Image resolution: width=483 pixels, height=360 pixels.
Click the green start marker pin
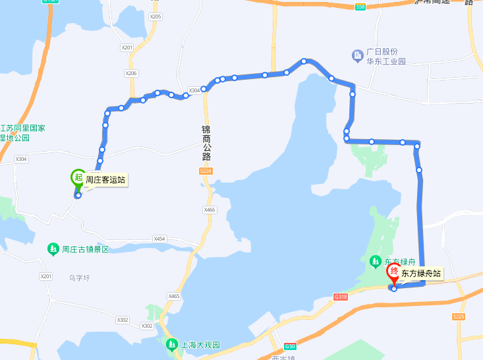[x=78, y=177]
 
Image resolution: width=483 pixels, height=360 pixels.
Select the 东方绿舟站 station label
[x=422, y=273]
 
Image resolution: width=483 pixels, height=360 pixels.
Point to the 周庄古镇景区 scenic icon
[x=53, y=249]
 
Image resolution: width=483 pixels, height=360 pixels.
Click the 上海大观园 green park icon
[x=171, y=344]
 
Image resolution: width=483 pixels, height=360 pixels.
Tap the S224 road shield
[x=206, y=171]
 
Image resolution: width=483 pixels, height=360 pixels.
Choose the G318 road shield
[x=340, y=297]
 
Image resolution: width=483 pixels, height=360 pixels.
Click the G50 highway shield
[x=290, y=346]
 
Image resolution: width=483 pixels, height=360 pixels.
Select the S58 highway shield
[x=360, y=7]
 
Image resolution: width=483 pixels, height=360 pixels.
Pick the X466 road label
[x=210, y=210]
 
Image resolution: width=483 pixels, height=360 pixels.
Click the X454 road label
[x=159, y=239]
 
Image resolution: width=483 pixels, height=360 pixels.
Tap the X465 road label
[x=174, y=297]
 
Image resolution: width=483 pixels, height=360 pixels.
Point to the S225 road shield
[x=459, y=316]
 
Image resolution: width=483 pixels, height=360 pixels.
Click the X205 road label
[x=156, y=16]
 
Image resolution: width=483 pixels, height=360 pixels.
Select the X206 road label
[x=131, y=73]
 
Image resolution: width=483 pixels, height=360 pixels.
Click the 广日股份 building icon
[x=358, y=54]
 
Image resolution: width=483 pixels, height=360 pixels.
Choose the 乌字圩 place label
[x=78, y=278]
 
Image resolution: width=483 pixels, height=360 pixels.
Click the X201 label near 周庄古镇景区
[x=45, y=276]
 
